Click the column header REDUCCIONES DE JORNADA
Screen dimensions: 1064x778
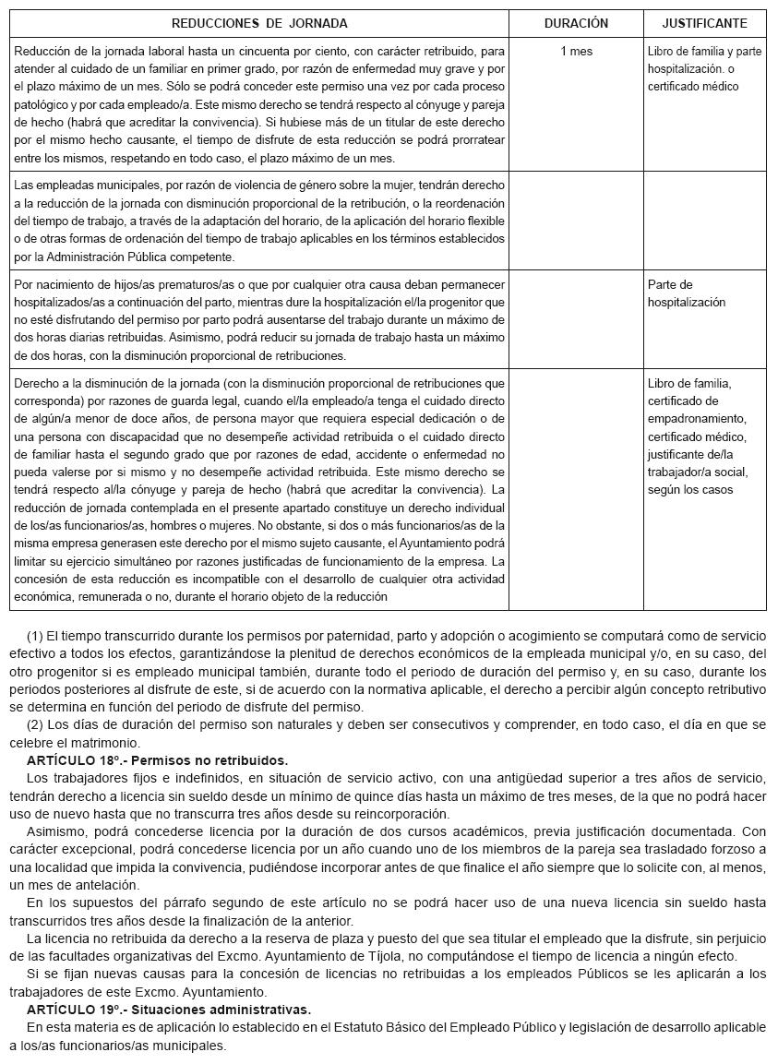(x=259, y=23)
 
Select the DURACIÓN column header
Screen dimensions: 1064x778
(x=576, y=23)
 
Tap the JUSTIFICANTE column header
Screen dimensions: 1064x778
(x=704, y=23)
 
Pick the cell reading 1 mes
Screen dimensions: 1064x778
(x=576, y=52)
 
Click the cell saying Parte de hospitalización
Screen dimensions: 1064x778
(x=687, y=293)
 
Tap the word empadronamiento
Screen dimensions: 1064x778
(x=695, y=419)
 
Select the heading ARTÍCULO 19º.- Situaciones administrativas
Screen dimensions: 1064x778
(x=169, y=1010)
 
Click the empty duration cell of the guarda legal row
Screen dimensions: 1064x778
(x=576, y=489)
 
